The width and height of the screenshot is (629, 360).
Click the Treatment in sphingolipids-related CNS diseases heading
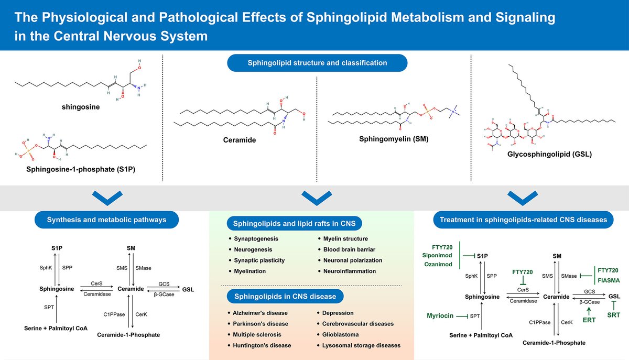point(524,220)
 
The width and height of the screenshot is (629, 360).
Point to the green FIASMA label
point(608,280)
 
